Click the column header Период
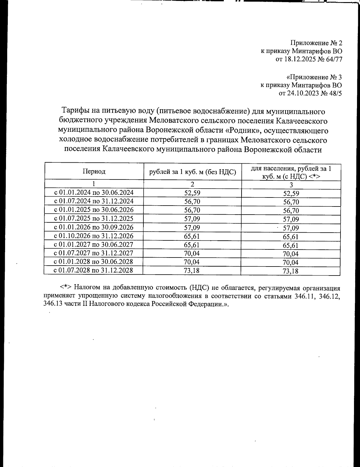coord(94,171)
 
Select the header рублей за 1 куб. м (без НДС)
coord(192,172)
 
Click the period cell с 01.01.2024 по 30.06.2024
coord(94,192)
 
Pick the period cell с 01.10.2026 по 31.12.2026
coord(94,236)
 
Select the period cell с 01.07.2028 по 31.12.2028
coord(93,270)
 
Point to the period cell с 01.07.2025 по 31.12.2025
coord(94,218)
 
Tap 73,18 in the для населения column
coord(291,271)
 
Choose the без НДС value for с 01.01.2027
coord(192,245)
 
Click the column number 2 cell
coord(192,184)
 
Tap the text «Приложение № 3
coord(314,77)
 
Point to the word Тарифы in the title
coord(73,112)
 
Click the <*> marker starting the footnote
coord(65,287)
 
